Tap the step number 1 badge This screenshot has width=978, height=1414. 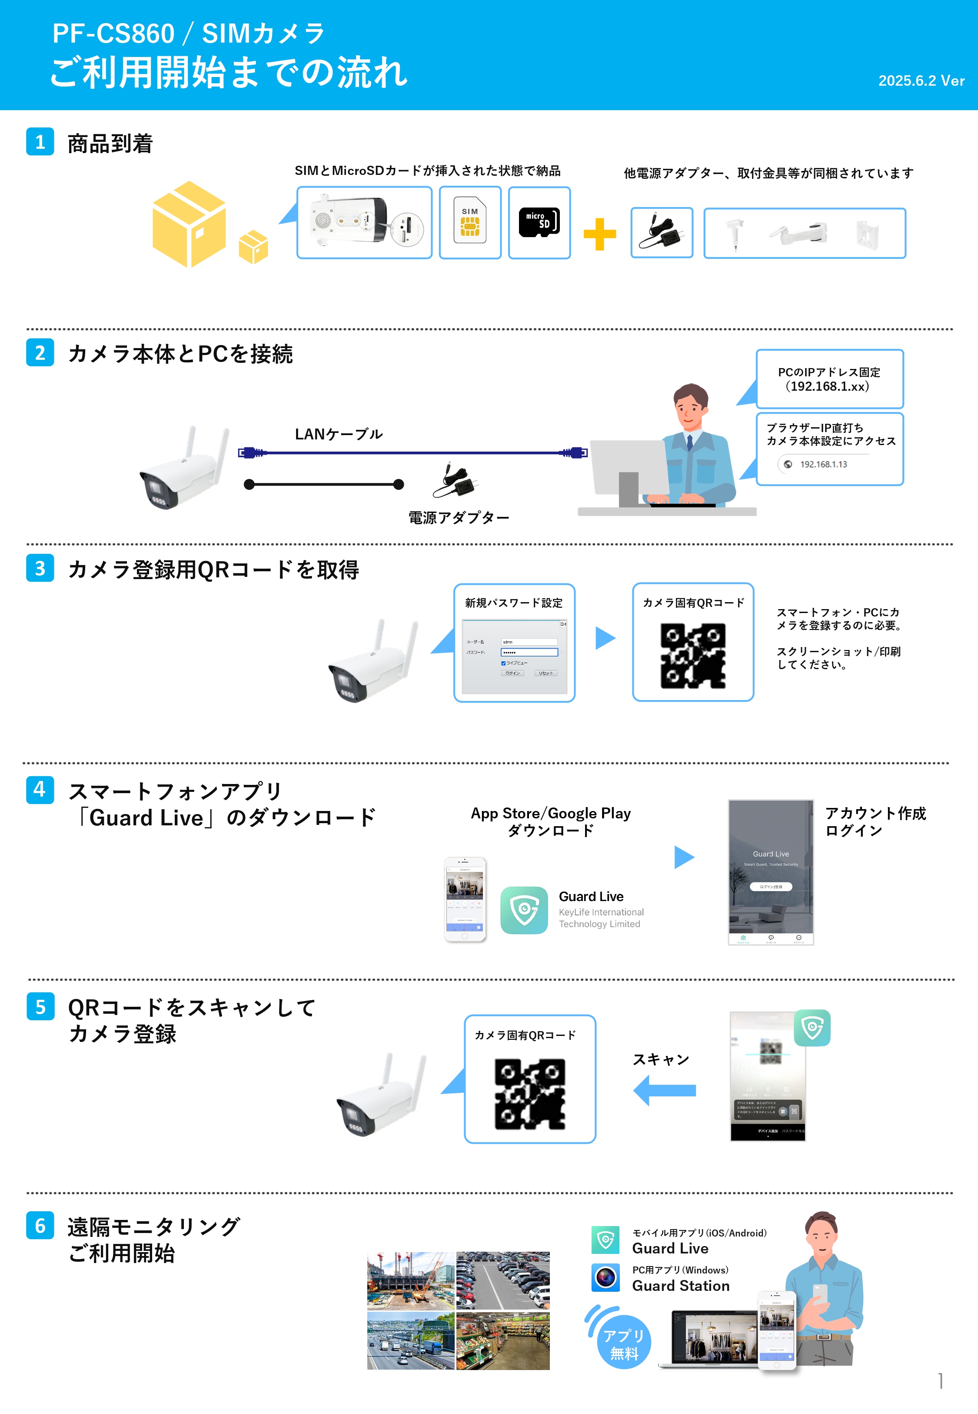[x=40, y=142]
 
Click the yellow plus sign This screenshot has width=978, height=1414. [x=599, y=234]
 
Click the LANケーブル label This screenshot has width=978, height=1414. [x=338, y=434]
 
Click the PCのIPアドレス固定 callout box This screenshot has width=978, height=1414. [x=829, y=379]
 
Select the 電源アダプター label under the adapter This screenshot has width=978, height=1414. [x=459, y=518]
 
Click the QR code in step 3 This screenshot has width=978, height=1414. [x=692, y=656]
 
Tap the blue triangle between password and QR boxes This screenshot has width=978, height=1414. [x=605, y=638]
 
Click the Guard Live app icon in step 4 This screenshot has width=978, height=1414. [x=524, y=910]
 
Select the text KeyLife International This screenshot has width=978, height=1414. [x=601, y=912]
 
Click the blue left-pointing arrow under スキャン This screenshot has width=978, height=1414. [x=665, y=1090]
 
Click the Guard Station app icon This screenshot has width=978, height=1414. [x=605, y=1277]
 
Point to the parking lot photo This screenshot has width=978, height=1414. [x=503, y=1280]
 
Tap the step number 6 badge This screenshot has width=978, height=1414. [x=40, y=1225]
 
